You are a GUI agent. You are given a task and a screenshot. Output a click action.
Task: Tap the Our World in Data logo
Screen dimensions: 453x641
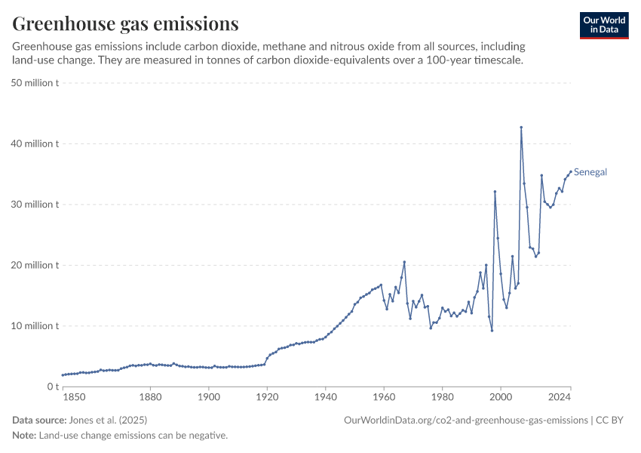pos(604,25)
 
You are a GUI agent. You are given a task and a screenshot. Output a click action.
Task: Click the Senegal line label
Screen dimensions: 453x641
pos(590,172)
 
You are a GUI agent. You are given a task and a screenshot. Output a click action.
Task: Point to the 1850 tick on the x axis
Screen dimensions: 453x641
pos(73,397)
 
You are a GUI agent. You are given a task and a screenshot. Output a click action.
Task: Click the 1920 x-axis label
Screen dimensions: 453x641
pos(267,397)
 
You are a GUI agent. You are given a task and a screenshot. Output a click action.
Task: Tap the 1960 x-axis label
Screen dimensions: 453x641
pos(384,397)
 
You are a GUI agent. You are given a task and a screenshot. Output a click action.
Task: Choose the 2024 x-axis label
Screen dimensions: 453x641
pos(560,397)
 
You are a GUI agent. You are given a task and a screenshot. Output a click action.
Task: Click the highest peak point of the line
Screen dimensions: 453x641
pos(521,128)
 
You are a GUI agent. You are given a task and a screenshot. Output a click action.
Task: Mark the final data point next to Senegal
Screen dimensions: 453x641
pos(571,171)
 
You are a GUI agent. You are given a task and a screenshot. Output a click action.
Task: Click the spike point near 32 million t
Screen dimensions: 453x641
pos(495,192)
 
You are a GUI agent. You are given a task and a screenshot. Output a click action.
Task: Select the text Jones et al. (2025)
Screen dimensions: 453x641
pos(108,420)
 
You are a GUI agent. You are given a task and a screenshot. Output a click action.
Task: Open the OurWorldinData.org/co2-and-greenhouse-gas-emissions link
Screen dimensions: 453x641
pos(465,420)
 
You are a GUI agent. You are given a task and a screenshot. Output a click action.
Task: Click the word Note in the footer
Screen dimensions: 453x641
pos(24,436)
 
